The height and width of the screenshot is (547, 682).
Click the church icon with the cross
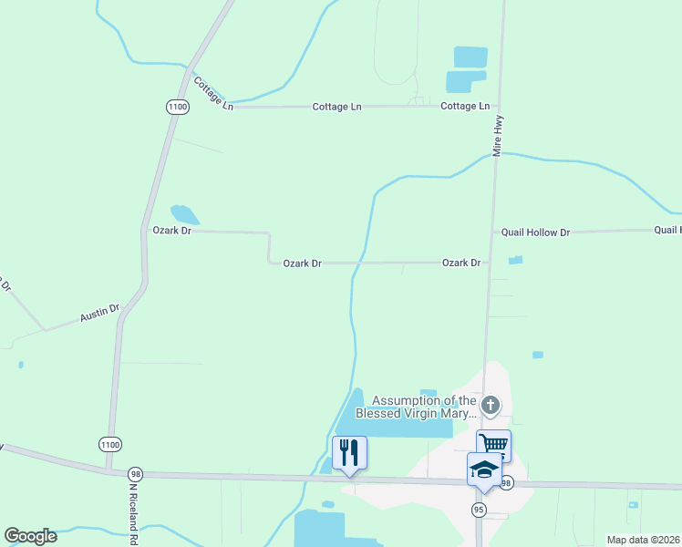[x=491, y=404]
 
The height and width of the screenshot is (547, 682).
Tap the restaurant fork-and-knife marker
[x=350, y=452]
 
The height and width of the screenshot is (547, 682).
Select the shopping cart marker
[x=493, y=445]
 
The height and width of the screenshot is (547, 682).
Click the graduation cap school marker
[x=483, y=469]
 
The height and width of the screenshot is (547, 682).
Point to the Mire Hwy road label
[x=498, y=136]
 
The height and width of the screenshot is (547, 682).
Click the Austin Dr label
[x=99, y=315]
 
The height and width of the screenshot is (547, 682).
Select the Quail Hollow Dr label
[x=535, y=232]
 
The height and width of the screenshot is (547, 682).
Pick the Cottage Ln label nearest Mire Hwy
[x=465, y=107]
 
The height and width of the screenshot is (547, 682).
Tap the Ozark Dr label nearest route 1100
[x=171, y=232]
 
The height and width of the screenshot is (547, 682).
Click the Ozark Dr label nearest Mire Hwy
[x=461, y=263]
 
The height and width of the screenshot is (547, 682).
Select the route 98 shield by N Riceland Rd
[x=135, y=474]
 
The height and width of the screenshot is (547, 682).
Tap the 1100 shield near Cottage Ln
[x=177, y=107]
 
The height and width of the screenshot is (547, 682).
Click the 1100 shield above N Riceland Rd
[x=108, y=444]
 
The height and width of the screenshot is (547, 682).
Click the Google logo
[x=30, y=536]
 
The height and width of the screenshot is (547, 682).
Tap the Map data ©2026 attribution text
[x=643, y=540]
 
